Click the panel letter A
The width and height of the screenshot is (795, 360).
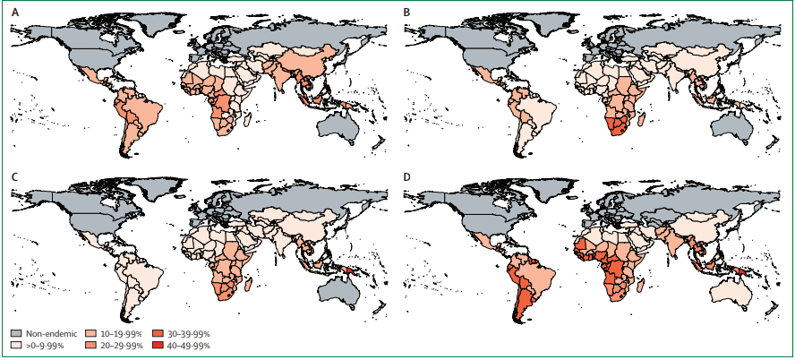point(14,14)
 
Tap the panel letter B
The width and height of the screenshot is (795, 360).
point(408,14)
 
